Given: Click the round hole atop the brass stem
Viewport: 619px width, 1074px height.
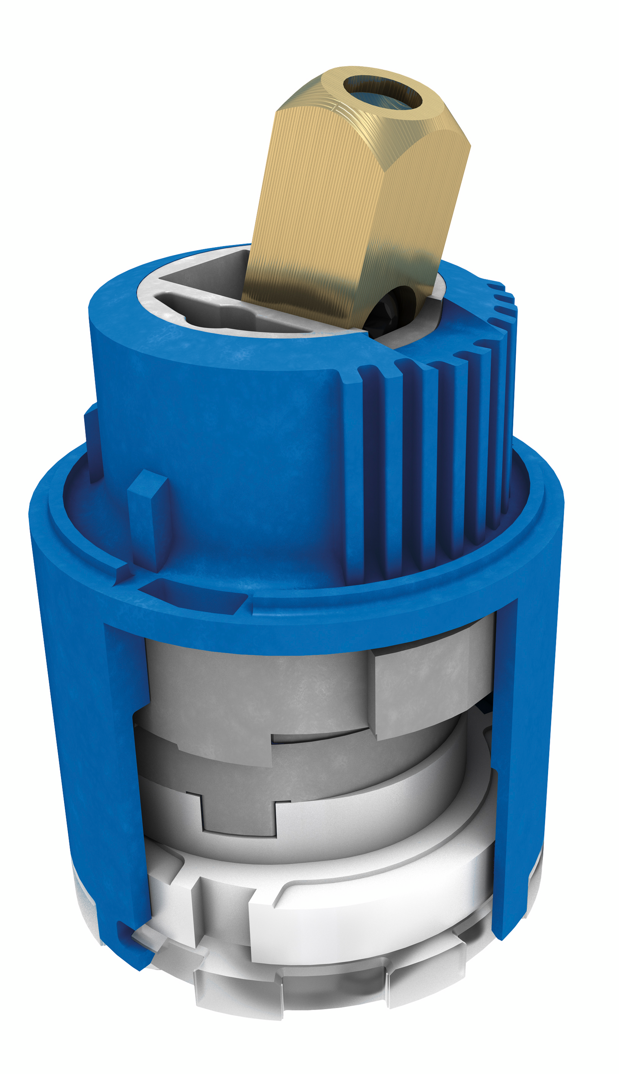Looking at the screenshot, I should point(382,92).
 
